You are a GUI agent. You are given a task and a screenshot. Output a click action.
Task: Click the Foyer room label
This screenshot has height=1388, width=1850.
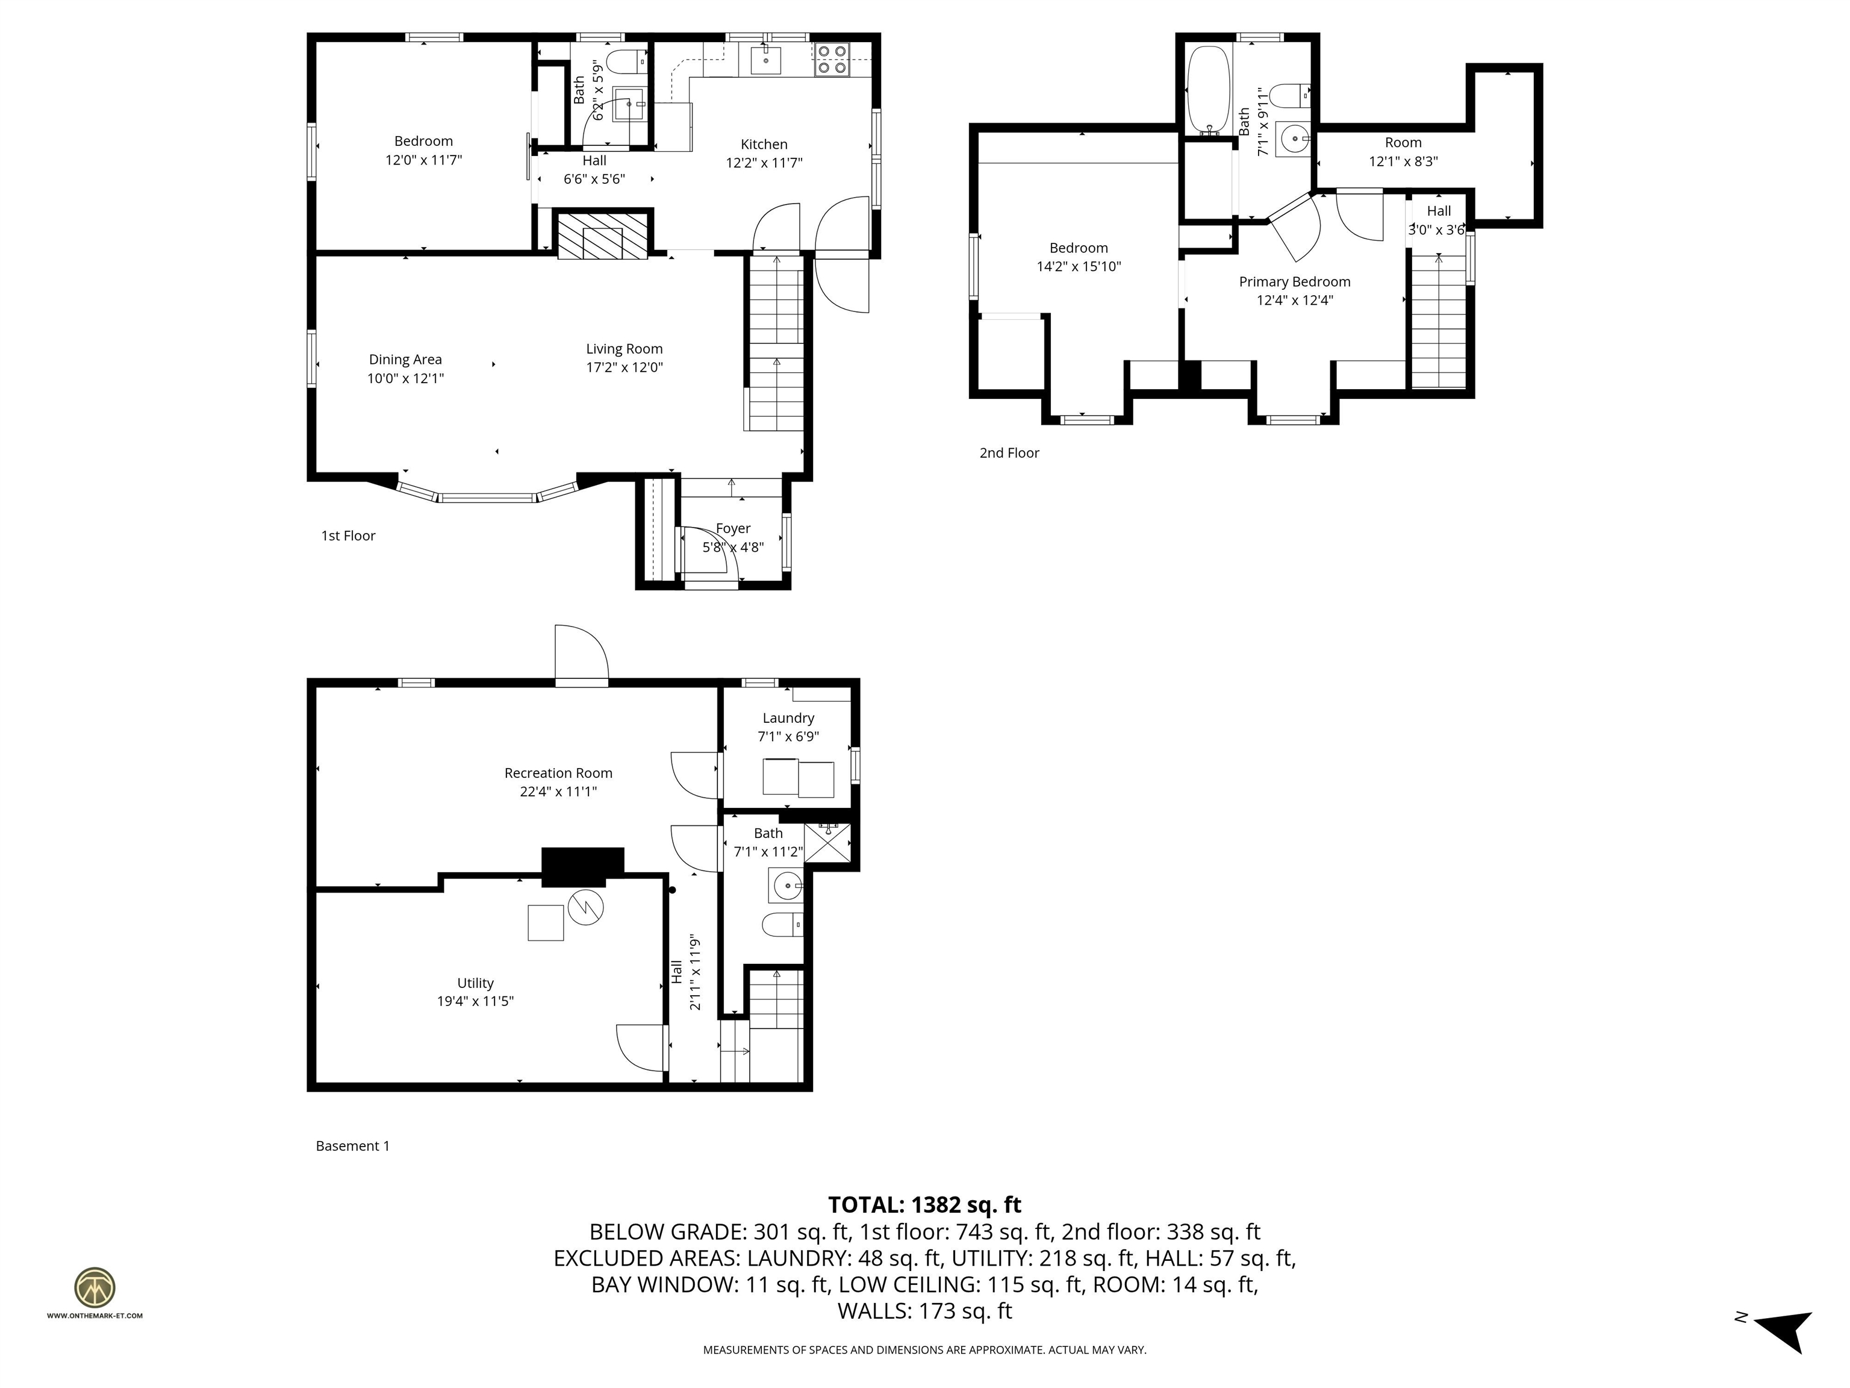click(733, 528)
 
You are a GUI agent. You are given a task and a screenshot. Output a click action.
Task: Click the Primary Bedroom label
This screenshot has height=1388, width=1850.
click(1294, 282)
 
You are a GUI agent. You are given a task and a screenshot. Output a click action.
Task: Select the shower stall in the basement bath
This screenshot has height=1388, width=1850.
click(827, 843)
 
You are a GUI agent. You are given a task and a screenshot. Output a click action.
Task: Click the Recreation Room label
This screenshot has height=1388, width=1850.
click(558, 773)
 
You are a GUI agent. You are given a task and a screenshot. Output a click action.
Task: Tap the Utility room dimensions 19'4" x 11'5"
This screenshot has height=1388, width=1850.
click(475, 1001)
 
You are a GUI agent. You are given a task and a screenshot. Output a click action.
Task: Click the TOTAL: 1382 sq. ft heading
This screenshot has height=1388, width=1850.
click(924, 1205)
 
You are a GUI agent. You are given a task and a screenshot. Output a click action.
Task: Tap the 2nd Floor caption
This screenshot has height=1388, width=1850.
click(1009, 452)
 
